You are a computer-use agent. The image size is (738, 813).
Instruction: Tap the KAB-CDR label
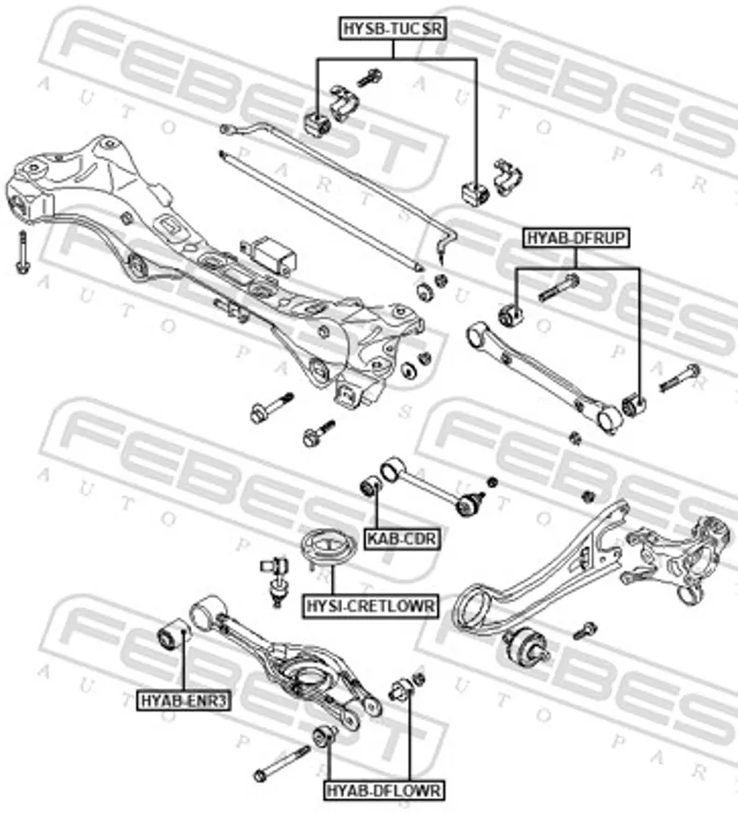tap(401, 537)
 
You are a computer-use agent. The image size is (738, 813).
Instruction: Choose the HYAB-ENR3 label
tap(184, 700)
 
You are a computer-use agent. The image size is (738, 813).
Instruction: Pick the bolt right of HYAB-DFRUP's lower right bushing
tap(680, 377)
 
